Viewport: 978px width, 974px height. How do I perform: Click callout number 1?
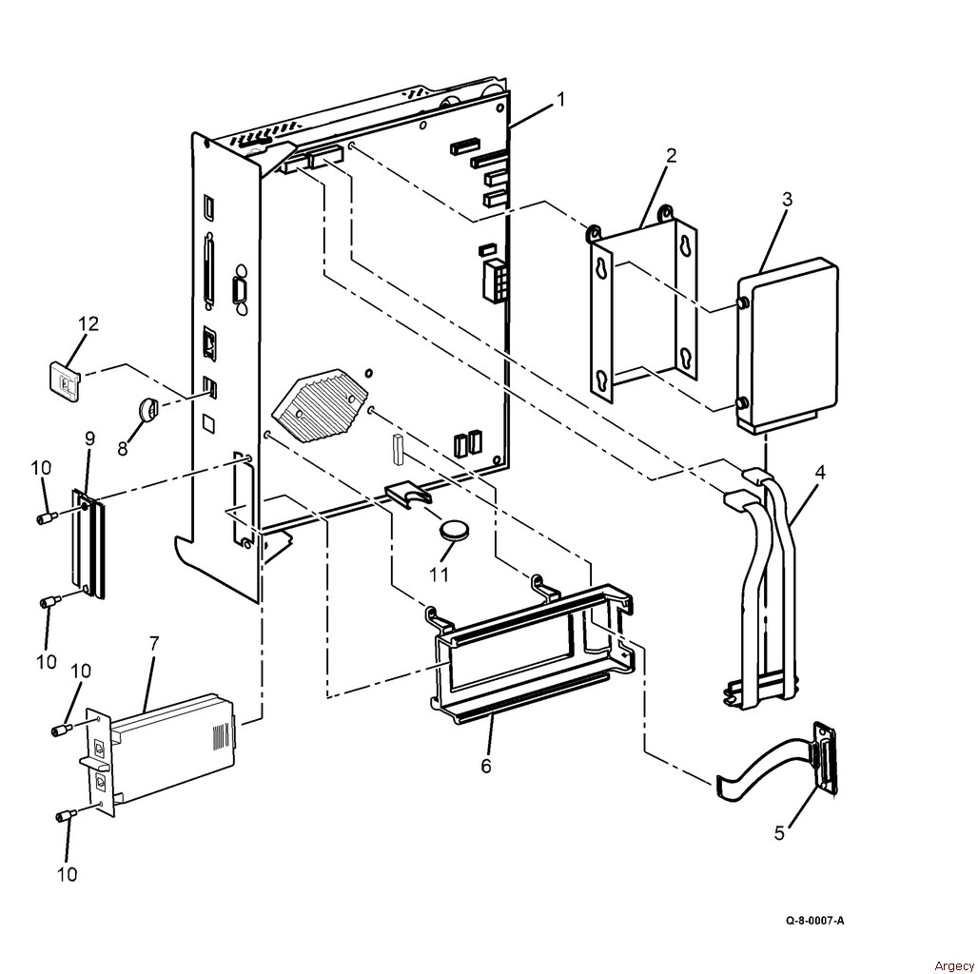(x=561, y=99)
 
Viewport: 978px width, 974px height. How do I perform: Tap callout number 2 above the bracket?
(x=671, y=156)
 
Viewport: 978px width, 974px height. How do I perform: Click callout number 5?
(x=779, y=833)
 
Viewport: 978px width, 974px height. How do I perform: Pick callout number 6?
(x=486, y=765)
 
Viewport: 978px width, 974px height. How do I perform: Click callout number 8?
(x=122, y=447)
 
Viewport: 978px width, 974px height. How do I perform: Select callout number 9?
(x=89, y=438)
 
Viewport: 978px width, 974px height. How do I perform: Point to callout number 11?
(x=438, y=575)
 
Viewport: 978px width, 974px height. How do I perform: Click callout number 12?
(x=88, y=324)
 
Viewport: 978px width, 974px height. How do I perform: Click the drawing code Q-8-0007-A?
(x=814, y=921)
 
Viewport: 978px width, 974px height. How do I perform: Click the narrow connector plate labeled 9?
(x=88, y=545)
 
